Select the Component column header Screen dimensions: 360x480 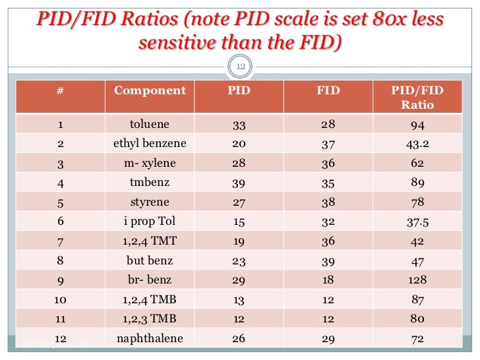pos(150,91)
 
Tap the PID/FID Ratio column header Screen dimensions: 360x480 pos(417,98)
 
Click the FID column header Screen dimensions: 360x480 pos(328,91)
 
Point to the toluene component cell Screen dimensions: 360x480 pos(150,124)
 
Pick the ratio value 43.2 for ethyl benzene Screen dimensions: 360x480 pos(417,144)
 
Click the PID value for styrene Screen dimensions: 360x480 pos(239,202)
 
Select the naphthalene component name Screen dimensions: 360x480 pos(150,339)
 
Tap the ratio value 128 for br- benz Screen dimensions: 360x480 pos(417,281)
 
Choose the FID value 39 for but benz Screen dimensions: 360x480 pos(328,261)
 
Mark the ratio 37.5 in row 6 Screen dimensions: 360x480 pos(417,222)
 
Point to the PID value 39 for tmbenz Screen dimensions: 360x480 pos(239,183)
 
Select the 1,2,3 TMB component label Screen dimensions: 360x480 pos(150,320)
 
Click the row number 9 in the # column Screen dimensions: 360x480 pos(60,281)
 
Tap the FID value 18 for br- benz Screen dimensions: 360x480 pos(328,281)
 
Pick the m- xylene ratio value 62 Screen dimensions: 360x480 pos(417,164)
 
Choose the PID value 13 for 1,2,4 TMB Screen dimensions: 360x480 pos(239,301)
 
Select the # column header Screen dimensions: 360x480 pos(60,91)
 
